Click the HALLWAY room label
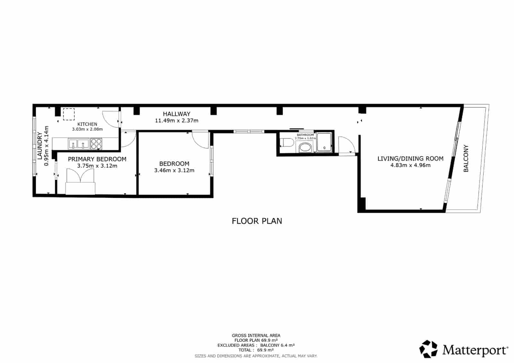pos(176,114)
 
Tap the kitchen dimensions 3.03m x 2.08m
pos(87,129)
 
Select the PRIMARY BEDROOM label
pos(97,159)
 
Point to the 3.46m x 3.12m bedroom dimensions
pos(174,171)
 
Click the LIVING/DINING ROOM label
pos(410,158)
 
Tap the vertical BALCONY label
pos(466,158)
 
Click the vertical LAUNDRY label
pos(40,146)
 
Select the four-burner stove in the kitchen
pos(96,143)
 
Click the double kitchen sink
pos(79,144)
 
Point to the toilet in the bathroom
pos(286,142)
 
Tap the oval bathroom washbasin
pos(305,148)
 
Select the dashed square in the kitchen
pos(68,114)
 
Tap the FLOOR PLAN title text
pos(257,221)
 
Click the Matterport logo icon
pos(429,349)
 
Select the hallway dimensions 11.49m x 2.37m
pos(176,121)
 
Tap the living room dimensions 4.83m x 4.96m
pos(410,165)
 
